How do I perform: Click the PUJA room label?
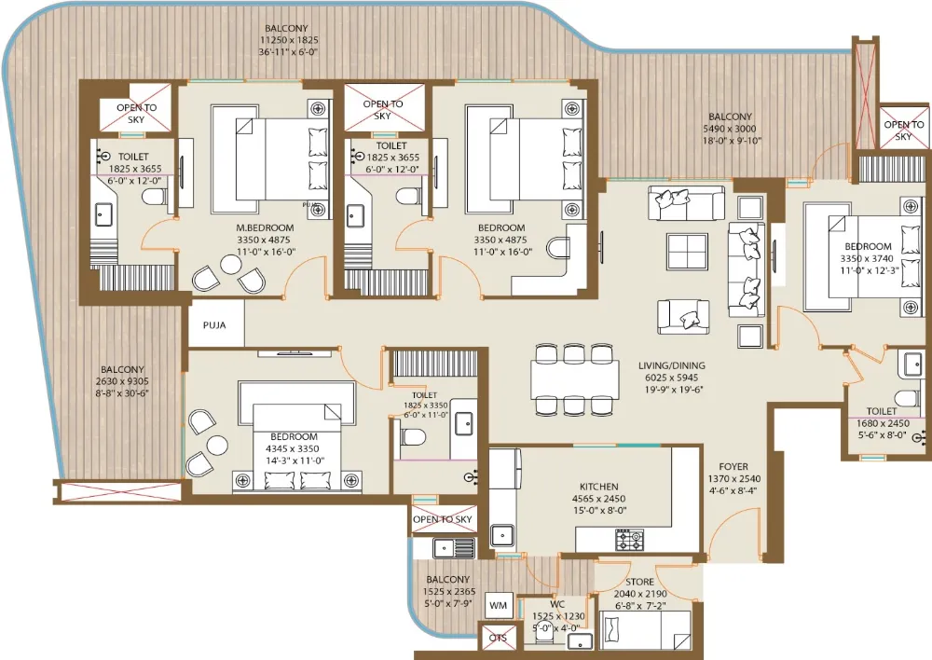point(214,325)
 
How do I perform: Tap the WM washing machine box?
point(498,606)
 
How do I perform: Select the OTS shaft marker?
point(498,638)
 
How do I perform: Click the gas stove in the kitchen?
point(629,540)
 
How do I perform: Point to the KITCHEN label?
point(598,487)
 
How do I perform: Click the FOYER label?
point(733,467)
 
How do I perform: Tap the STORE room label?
point(639,582)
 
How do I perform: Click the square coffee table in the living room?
point(687,252)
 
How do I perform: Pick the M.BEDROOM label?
point(265,227)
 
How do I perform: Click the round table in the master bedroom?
point(230,264)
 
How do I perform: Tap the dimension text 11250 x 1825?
point(289,40)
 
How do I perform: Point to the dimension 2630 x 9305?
point(122,381)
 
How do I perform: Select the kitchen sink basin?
point(502,536)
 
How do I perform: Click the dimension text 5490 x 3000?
point(730,129)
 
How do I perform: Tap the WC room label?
point(557,604)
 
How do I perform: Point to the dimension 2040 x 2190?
point(640,594)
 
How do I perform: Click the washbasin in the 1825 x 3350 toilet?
point(463,424)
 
